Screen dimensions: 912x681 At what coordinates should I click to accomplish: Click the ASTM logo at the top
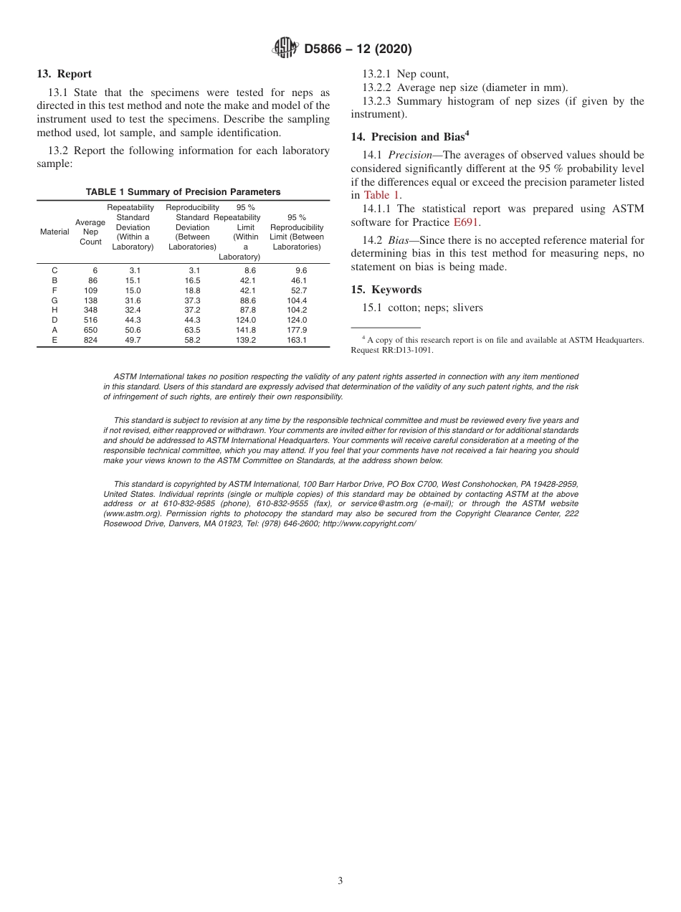pyautogui.click(x=285, y=49)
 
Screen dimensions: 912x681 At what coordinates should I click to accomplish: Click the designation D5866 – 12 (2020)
pyautogui.click(x=358, y=49)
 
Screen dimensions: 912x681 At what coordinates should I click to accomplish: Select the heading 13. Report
pyautogui.click(x=64, y=74)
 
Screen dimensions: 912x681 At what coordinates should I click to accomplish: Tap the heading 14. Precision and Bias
pyautogui.click(x=409, y=137)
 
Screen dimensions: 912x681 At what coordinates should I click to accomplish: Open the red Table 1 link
pyautogui.click(x=381, y=195)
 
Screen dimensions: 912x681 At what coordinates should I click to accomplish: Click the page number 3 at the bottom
pyautogui.click(x=340, y=880)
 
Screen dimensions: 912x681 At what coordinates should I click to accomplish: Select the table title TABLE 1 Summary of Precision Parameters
pyautogui.click(x=183, y=192)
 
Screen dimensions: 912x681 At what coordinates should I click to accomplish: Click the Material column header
pyautogui.click(x=54, y=232)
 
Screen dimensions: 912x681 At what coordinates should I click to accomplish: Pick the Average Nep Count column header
pyautogui.click(x=90, y=232)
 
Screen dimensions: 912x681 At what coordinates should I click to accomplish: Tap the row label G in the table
pyautogui.click(x=54, y=300)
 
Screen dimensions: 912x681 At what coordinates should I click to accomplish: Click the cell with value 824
pyautogui.click(x=90, y=340)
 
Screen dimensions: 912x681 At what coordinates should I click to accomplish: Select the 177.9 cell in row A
pyautogui.click(x=296, y=330)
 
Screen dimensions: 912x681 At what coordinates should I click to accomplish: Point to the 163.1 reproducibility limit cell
pyautogui.click(x=296, y=340)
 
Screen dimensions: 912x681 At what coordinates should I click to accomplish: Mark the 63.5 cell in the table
pyautogui.click(x=192, y=330)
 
